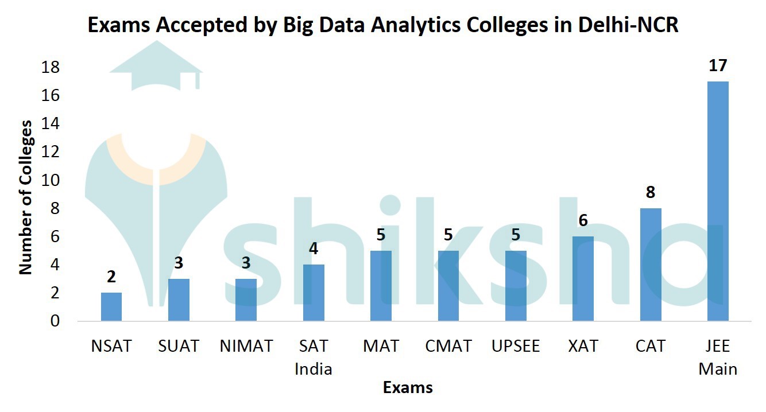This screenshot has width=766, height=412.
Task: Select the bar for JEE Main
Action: pos(718,201)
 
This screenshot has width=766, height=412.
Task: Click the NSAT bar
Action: pos(111,306)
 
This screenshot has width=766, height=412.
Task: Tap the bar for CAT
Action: pos(651,265)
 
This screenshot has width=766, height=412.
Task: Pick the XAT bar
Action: pos(583,278)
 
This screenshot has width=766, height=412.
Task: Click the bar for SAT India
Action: pos(314,293)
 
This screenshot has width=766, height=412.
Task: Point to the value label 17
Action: pos(718,65)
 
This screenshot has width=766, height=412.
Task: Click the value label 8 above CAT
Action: pos(651,192)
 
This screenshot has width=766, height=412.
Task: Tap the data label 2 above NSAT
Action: pos(111,277)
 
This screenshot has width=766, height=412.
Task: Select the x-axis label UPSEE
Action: pos(516,347)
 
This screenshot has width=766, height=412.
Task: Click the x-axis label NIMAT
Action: pos(246,347)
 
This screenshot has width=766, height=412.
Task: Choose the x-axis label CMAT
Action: pos(448,347)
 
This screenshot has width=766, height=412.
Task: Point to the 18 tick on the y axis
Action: pos(51,68)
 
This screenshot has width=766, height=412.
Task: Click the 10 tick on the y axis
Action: pos(51,180)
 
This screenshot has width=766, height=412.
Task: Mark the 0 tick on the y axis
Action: pos(55,321)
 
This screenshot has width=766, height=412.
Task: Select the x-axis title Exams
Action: pos(408,387)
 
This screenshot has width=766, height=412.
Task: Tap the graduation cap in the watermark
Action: pos(156,69)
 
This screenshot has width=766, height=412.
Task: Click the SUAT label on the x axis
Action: pos(179,347)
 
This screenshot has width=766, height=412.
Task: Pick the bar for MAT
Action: pos(381,285)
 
